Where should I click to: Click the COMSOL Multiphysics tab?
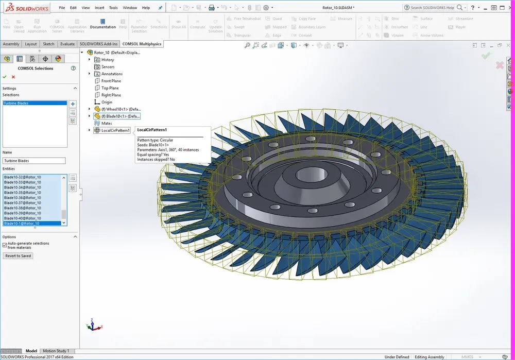(x=142, y=44)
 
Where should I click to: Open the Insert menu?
(x=99, y=8)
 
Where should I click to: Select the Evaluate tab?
(x=67, y=44)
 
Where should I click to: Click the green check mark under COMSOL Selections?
(x=5, y=77)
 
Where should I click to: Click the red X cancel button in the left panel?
(x=13, y=77)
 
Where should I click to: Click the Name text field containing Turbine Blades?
(x=34, y=161)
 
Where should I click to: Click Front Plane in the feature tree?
(x=111, y=81)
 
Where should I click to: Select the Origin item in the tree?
(x=107, y=102)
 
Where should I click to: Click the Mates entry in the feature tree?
(x=107, y=123)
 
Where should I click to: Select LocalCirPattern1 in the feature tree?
(x=115, y=130)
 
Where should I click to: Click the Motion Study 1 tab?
(x=56, y=351)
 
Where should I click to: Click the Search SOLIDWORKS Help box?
(x=432, y=8)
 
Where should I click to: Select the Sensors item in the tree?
(x=108, y=67)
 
